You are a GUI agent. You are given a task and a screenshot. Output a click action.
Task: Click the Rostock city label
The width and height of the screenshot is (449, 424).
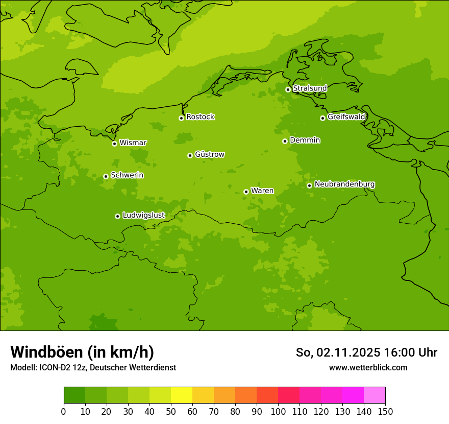(200, 117)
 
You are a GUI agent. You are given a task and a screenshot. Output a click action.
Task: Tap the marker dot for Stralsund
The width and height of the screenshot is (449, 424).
(288, 89)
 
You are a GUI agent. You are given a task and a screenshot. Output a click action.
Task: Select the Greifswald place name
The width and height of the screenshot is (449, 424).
(346, 117)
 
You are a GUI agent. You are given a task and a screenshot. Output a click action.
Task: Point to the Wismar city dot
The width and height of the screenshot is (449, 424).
(114, 144)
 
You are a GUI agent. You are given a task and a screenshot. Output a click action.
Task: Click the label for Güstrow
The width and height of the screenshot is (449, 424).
(209, 154)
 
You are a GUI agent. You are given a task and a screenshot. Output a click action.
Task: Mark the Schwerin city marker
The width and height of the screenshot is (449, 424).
(106, 176)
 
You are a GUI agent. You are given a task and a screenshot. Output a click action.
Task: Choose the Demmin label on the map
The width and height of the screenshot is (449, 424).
(305, 140)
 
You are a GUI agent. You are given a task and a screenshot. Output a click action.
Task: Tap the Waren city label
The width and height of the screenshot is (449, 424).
(262, 191)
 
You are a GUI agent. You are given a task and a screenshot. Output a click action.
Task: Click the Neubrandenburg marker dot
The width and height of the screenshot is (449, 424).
(309, 185)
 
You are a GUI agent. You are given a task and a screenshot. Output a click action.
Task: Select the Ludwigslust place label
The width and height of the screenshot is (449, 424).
(143, 215)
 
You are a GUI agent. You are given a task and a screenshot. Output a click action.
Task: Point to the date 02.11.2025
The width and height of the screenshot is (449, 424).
(348, 352)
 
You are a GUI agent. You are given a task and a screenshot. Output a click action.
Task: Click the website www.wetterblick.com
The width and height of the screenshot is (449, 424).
(368, 367)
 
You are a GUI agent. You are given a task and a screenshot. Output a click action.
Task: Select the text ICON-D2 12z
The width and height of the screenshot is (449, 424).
(62, 367)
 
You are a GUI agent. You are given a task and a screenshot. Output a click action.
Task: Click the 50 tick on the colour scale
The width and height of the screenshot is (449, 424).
(171, 411)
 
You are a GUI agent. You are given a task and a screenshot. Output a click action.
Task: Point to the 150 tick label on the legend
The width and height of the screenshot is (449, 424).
(385, 411)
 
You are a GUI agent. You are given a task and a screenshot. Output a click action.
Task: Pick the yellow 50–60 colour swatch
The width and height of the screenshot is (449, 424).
(182, 395)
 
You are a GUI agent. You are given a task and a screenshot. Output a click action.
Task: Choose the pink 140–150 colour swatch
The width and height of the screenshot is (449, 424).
(375, 395)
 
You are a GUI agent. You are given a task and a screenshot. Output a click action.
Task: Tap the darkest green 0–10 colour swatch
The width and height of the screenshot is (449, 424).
(74, 395)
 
